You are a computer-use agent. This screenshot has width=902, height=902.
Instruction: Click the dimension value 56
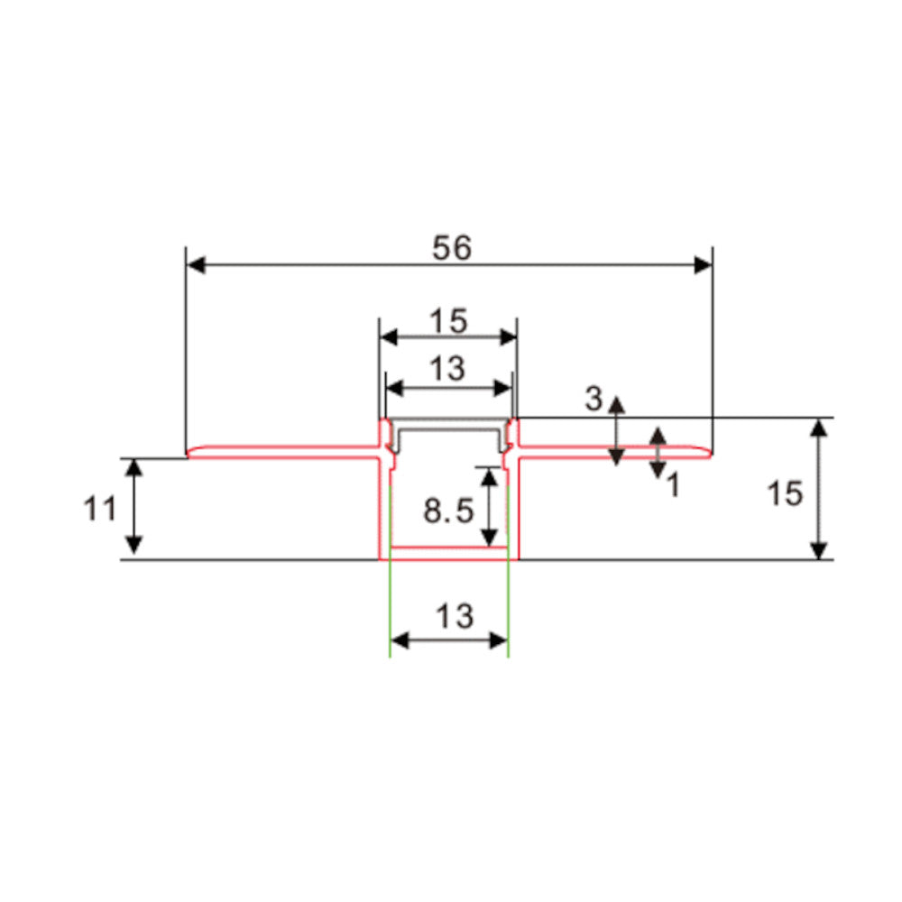tap(451, 248)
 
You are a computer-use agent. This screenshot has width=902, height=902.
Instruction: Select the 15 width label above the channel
tap(448, 320)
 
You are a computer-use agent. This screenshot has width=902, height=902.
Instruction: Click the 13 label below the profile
tap(454, 617)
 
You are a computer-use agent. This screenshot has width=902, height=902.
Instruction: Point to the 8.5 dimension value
tap(448, 511)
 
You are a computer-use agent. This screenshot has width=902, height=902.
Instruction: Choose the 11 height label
tap(100, 509)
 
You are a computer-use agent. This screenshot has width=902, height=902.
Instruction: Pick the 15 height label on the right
tap(785, 493)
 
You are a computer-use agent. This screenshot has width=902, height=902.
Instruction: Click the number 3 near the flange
tap(594, 399)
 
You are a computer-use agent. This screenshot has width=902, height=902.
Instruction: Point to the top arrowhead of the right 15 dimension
tap(818, 428)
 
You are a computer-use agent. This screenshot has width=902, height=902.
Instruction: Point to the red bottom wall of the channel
tap(448, 552)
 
